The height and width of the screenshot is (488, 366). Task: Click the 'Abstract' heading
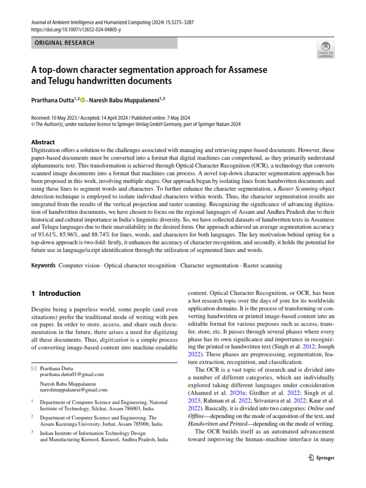pos(42,142)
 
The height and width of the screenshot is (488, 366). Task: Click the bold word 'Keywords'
pos(42,265)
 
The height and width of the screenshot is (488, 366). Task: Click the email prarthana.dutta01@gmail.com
pos(71,375)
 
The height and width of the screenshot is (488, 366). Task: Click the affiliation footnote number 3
pos(31,432)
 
